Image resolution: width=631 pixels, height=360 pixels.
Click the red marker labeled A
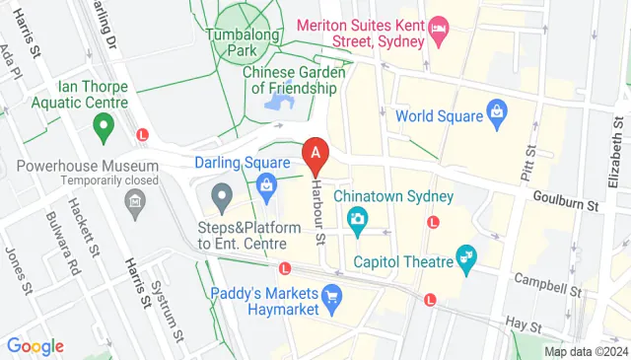tap(315, 155)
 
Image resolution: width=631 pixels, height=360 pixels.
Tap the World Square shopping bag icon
tap(497, 116)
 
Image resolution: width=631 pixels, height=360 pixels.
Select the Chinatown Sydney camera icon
tap(358, 219)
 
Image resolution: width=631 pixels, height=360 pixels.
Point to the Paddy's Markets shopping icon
tap(332, 294)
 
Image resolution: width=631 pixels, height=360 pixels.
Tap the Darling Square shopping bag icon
tap(266, 184)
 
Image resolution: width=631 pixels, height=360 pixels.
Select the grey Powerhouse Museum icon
tap(133, 203)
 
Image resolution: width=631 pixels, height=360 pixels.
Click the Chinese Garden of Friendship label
tap(295, 79)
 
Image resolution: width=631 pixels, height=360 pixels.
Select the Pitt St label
tap(530, 166)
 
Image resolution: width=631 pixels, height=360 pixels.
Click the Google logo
tap(35, 346)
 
